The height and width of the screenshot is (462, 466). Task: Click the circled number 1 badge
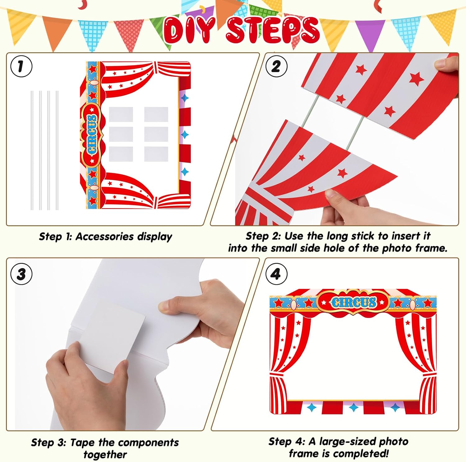pyautogui.click(x=21, y=66)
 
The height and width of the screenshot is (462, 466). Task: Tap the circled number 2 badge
pyautogui.click(x=276, y=66)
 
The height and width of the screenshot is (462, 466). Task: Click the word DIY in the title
pyautogui.click(x=189, y=30)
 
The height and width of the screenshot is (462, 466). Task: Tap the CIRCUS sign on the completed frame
pyautogui.click(x=353, y=302)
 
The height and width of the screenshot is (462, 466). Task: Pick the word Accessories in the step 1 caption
pyautogui.click(x=104, y=236)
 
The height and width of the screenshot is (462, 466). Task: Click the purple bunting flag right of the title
pyautogui.click(x=370, y=33)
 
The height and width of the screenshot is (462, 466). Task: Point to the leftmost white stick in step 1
pyautogui.click(x=32, y=150)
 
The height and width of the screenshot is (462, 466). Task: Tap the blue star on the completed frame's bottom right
pyautogui.click(x=395, y=407)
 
